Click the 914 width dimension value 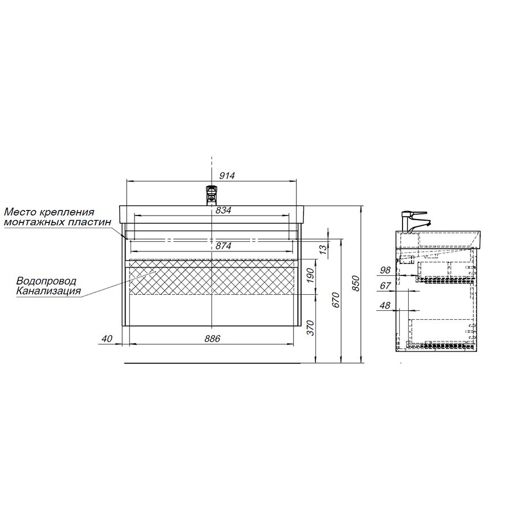(x=227, y=176)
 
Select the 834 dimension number (x=223, y=210)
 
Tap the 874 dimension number (x=223, y=246)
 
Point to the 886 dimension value (x=212, y=339)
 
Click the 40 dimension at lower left (x=107, y=339)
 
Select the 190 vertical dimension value (x=310, y=275)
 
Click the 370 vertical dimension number (x=310, y=328)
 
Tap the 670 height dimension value (x=336, y=300)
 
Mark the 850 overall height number (x=356, y=283)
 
